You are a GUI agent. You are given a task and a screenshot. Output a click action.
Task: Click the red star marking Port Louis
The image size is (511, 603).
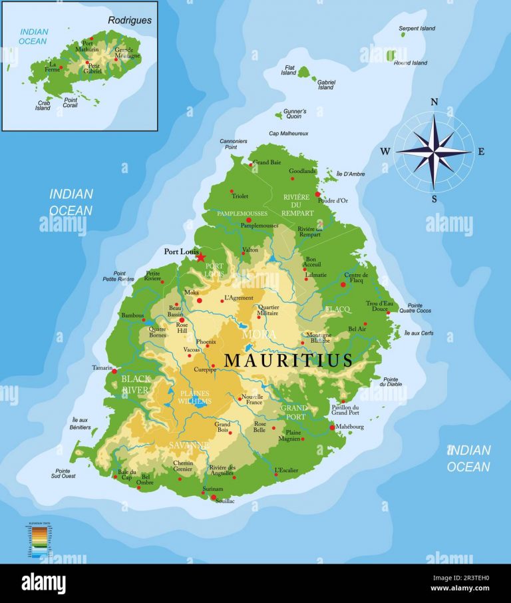(x=200, y=258)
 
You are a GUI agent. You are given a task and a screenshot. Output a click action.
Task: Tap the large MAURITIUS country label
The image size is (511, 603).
(x=288, y=360)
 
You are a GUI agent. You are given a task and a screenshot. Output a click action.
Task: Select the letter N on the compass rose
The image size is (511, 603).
(x=434, y=102)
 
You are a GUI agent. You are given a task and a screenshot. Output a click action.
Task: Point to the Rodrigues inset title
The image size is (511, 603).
(x=130, y=20)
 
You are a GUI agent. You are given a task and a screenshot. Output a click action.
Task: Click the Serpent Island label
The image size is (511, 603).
(x=417, y=29)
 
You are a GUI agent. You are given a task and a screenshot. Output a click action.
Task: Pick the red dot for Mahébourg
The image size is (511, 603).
(x=333, y=427)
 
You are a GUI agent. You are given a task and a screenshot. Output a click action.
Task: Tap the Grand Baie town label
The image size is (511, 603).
(x=267, y=162)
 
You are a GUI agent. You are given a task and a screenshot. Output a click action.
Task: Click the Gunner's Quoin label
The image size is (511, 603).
(x=295, y=114)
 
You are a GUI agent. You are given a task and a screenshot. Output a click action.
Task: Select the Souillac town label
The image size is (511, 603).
(x=224, y=501)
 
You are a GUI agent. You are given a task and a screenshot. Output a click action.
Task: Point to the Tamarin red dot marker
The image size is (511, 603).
(x=114, y=371)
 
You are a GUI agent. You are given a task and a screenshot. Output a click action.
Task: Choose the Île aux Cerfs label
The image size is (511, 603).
(x=418, y=333)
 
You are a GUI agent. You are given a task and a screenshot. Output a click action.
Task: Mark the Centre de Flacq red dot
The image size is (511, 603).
(x=343, y=284)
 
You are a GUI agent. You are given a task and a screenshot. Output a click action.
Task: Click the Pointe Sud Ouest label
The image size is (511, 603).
(x=63, y=473)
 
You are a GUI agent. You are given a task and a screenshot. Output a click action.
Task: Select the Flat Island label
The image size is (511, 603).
(x=289, y=70)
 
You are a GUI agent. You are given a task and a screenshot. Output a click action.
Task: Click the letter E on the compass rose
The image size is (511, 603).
(x=481, y=151)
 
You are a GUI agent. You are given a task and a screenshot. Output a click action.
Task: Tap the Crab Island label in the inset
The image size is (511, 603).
(x=43, y=105)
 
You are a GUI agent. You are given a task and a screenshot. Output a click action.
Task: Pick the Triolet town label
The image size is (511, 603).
(x=240, y=196)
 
